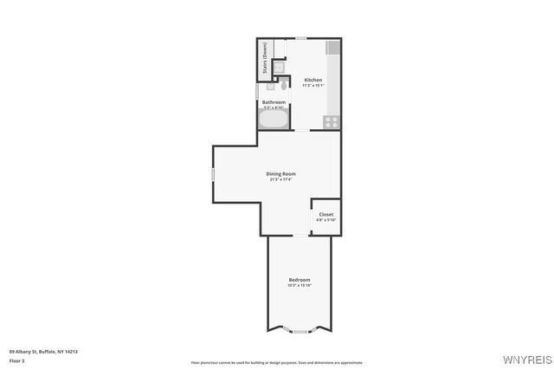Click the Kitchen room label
point(312,80)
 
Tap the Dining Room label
point(280,173)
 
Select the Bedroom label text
point(300,279)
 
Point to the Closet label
point(325,214)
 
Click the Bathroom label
point(274,102)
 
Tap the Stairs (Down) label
point(264,58)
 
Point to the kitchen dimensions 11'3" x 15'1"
point(312,86)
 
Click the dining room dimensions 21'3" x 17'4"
point(280,179)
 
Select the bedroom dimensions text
point(300,285)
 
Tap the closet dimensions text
point(325,220)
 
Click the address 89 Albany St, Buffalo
point(43,351)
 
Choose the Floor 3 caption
point(17,360)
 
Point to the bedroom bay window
point(299,331)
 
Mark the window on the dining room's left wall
point(213,175)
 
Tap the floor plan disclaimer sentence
point(277,362)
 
